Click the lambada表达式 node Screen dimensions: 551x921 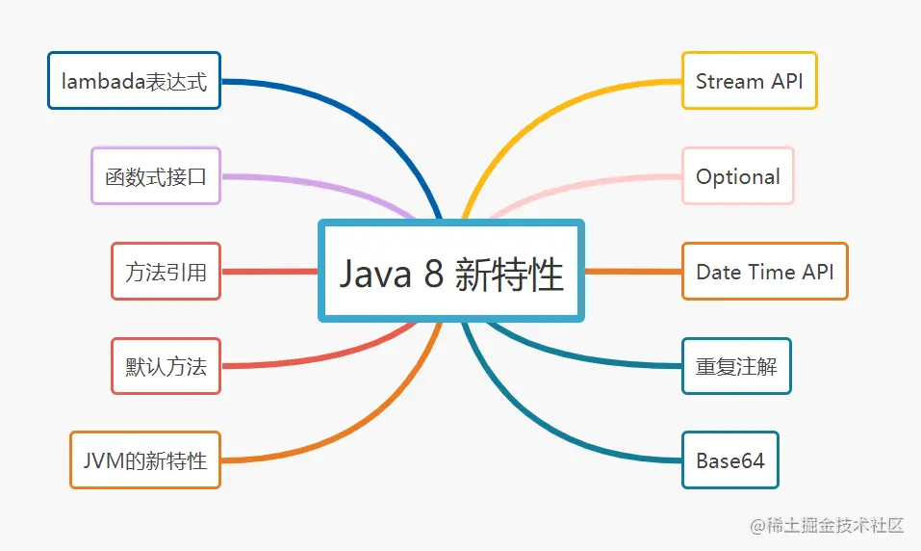(x=134, y=81)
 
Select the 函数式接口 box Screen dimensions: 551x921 (x=156, y=176)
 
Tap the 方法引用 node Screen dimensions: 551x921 (x=166, y=272)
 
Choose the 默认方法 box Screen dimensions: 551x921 (x=166, y=366)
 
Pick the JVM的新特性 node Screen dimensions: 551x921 (x=144, y=460)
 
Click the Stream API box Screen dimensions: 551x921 (x=749, y=81)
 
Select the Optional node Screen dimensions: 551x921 (x=737, y=176)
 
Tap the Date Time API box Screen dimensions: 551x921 (x=764, y=272)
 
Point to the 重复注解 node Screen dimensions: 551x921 (x=736, y=366)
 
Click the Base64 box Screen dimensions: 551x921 (x=729, y=460)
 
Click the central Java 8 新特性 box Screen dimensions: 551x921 (x=451, y=272)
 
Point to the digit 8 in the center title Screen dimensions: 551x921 (x=433, y=275)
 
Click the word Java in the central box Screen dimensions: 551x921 (x=375, y=275)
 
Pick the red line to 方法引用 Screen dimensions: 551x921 (x=269, y=272)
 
